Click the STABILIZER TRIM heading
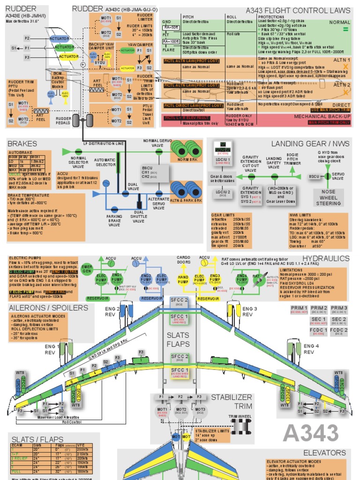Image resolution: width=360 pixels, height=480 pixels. pos(231,402)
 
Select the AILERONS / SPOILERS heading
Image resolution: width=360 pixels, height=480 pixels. pos(48,307)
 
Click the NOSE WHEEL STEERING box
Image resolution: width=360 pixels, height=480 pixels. pos(328,198)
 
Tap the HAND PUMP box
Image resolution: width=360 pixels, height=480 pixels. pos(183,278)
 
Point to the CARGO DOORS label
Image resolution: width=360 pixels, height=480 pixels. pos(183,260)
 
